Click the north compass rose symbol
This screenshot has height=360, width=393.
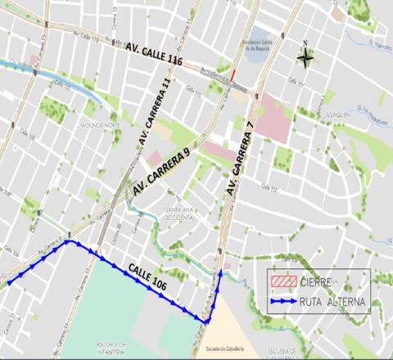coord(305,57)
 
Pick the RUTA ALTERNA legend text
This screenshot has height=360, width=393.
coord(332,302)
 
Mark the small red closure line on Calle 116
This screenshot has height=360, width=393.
coord(233,75)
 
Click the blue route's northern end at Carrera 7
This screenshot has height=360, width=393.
coord(221,272)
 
